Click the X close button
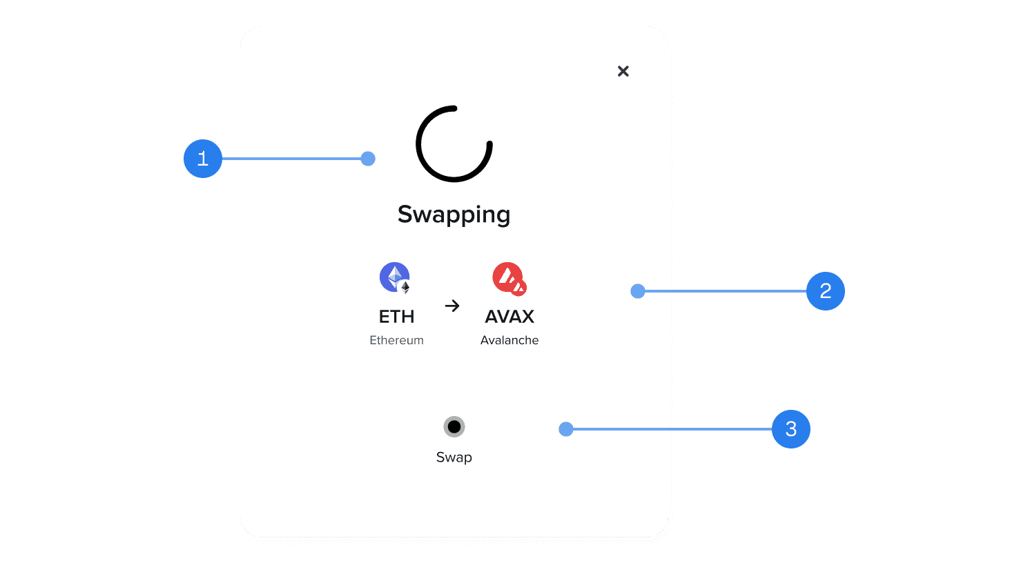tap(623, 71)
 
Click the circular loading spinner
tap(454, 144)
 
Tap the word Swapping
tap(454, 215)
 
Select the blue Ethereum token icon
tap(393, 276)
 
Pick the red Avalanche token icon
tap(507, 276)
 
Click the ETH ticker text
tap(396, 317)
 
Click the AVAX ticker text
tap(509, 317)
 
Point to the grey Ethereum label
tap(396, 340)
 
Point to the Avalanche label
tap(509, 340)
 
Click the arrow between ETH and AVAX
tap(452, 306)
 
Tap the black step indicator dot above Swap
tap(454, 427)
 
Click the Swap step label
tap(454, 457)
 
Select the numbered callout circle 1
tap(202, 159)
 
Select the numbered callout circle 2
tap(825, 291)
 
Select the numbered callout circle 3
tap(790, 429)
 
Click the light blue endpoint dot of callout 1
tap(368, 159)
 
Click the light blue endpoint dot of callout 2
tap(638, 291)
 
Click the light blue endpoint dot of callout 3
tap(566, 429)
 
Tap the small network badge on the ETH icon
tap(405, 287)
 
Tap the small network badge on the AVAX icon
tap(519, 287)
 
